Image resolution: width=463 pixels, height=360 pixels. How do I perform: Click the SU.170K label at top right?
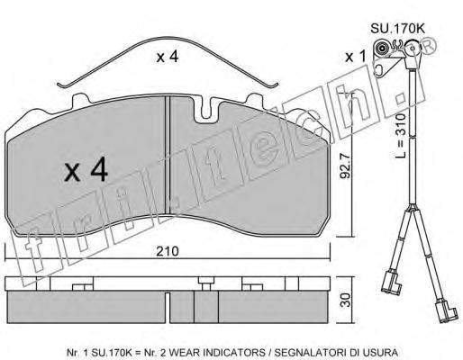[397, 29]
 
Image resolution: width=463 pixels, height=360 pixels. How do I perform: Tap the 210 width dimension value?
[168, 251]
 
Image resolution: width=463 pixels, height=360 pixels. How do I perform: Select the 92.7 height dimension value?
[345, 166]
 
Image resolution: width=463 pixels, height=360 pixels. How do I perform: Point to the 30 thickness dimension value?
[346, 300]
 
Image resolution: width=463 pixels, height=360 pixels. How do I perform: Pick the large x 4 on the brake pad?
[86, 169]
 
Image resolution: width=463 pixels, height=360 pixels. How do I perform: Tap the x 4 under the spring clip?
[168, 57]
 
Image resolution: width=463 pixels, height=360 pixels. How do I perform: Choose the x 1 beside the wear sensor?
[356, 57]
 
